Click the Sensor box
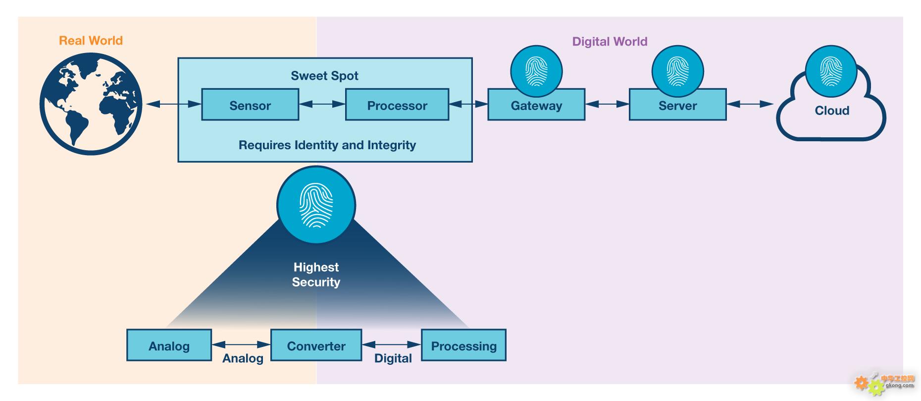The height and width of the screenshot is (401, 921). [x=250, y=105]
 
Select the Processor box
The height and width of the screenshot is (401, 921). [x=397, y=105]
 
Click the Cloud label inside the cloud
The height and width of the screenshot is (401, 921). [x=832, y=111]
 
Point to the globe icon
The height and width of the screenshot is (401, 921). [x=91, y=104]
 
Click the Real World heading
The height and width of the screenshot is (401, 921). [x=91, y=41]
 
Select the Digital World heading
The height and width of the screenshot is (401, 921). [x=610, y=42]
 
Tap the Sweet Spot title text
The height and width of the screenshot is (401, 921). [x=324, y=76]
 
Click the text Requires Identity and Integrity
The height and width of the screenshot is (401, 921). [x=327, y=145]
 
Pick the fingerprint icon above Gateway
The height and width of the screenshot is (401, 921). [x=536, y=71]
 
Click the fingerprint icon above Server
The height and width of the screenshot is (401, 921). [x=677, y=71]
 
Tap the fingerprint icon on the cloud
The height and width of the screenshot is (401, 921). [x=831, y=71]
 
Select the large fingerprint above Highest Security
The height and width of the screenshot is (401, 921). [x=316, y=205]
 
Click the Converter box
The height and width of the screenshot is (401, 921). [x=316, y=345]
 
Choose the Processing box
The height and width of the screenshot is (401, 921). [x=463, y=345]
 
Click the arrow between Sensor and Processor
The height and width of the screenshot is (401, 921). [x=322, y=104]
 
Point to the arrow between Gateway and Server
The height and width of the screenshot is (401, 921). [x=607, y=104]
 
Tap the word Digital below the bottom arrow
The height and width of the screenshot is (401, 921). [x=393, y=358]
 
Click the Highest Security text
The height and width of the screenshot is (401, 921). [x=316, y=275]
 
